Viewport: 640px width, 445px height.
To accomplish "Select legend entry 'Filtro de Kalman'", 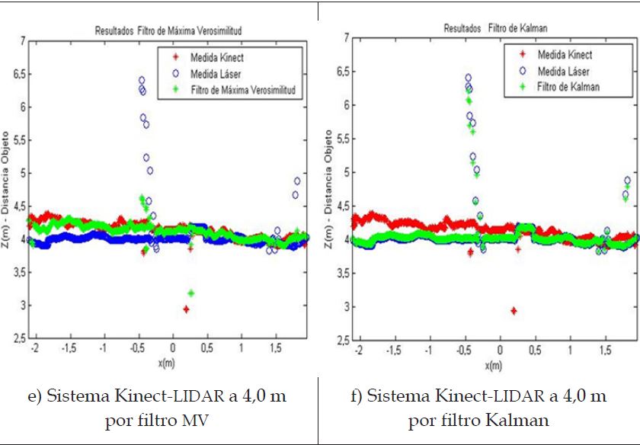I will pos(568,87).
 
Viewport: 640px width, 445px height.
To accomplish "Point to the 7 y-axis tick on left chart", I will pos(23,40).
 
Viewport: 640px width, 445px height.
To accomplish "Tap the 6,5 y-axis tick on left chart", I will pos(18,74).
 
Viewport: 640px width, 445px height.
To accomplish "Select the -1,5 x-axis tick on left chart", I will pos(67,348).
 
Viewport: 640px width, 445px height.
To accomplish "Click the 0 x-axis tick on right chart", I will pos(500,349).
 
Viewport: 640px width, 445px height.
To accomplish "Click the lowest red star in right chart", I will pos(514,311).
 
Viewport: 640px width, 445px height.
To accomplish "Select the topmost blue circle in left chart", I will pos(142,80).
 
